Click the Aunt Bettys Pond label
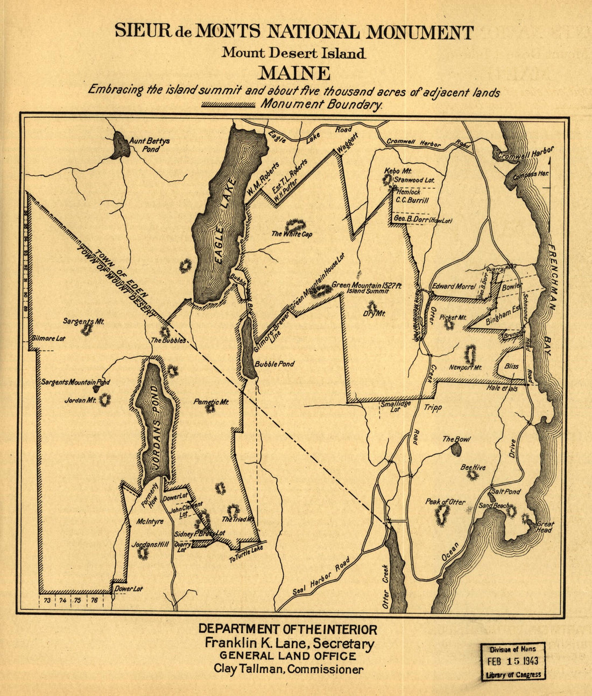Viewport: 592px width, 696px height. pyautogui.click(x=149, y=145)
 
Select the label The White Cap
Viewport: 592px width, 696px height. pyautogui.click(x=292, y=234)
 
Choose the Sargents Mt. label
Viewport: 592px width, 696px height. pyautogui.click(x=83, y=321)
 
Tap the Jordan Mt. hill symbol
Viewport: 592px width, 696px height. pyautogui.click(x=104, y=399)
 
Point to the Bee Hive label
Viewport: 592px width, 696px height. pyautogui.click(x=473, y=467)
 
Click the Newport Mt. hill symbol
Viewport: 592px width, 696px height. pyautogui.click(x=470, y=354)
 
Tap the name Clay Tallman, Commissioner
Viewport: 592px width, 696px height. pyautogui.click(x=288, y=670)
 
